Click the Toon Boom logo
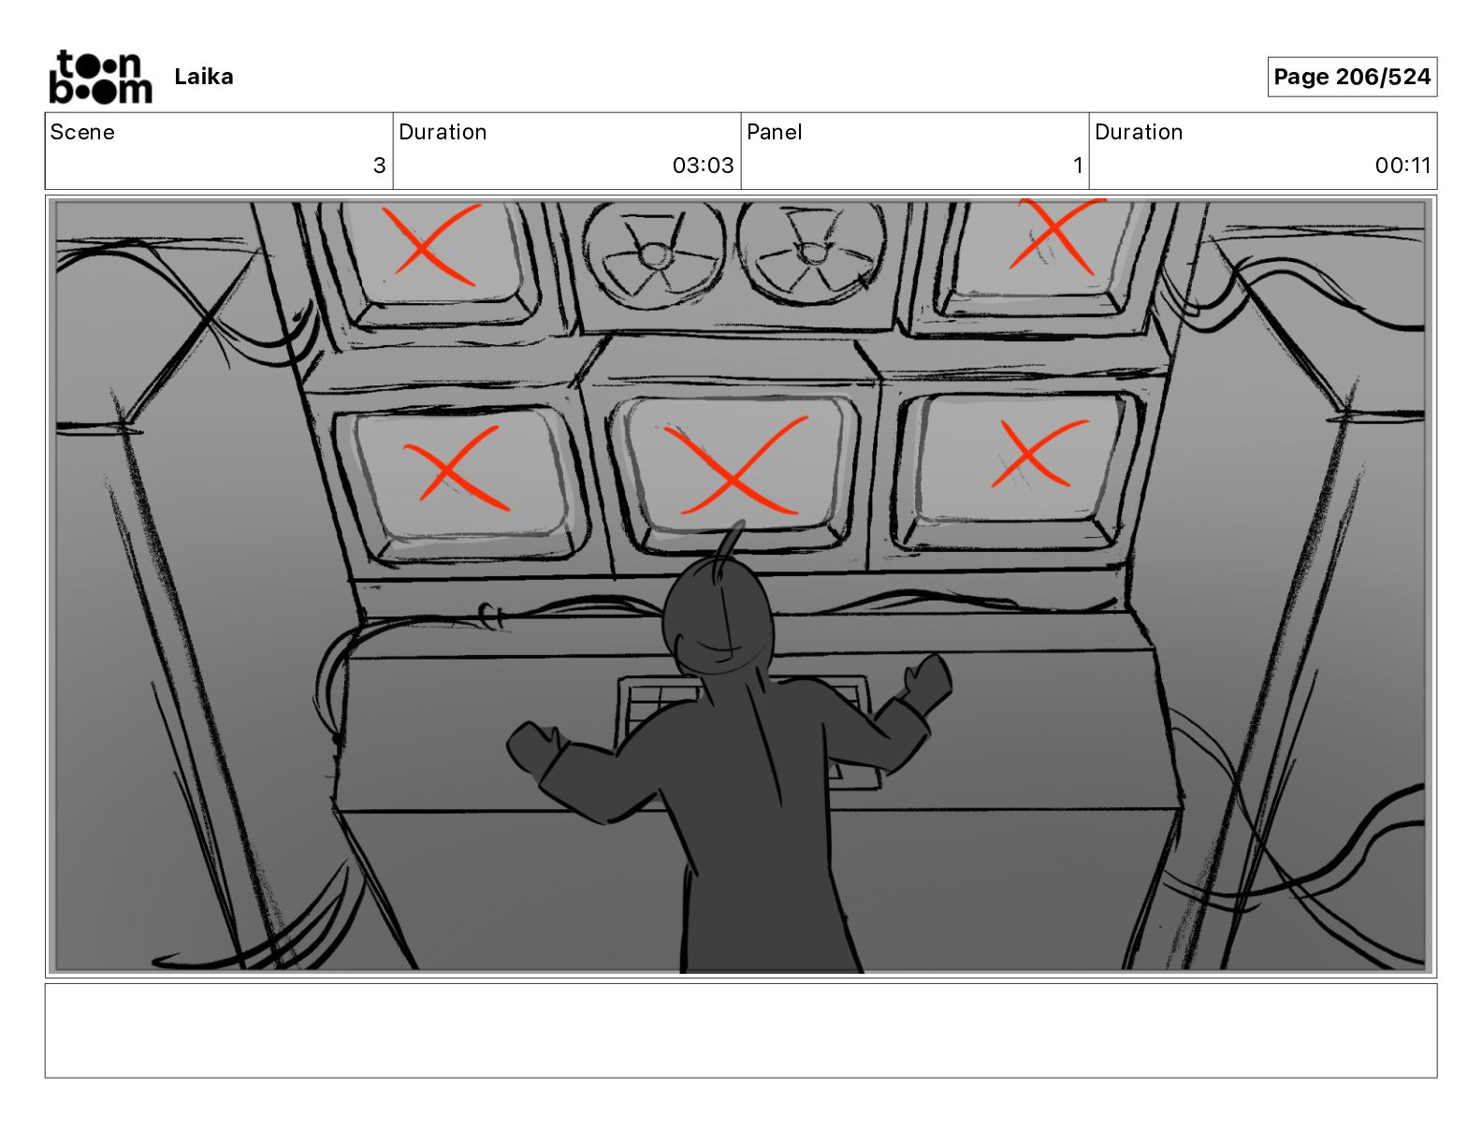point(101,77)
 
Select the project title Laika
point(203,77)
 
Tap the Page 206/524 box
point(1352,77)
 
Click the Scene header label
point(82,132)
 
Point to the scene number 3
point(379,165)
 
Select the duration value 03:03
point(704,165)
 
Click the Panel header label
point(774,132)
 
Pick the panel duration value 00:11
point(1402,165)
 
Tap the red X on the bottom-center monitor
point(734,467)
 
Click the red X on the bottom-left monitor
point(456,470)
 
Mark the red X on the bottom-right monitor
point(1039,454)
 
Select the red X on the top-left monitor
point(431,245)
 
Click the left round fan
point(653,254)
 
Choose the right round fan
point(811,254)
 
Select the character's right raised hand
point(926,678)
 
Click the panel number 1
point(1078,165)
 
